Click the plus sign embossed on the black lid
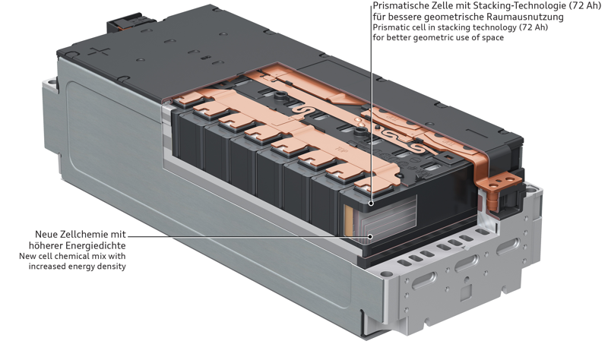[100, 52]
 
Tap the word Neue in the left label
[49, 234]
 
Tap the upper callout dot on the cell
[371, 203]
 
